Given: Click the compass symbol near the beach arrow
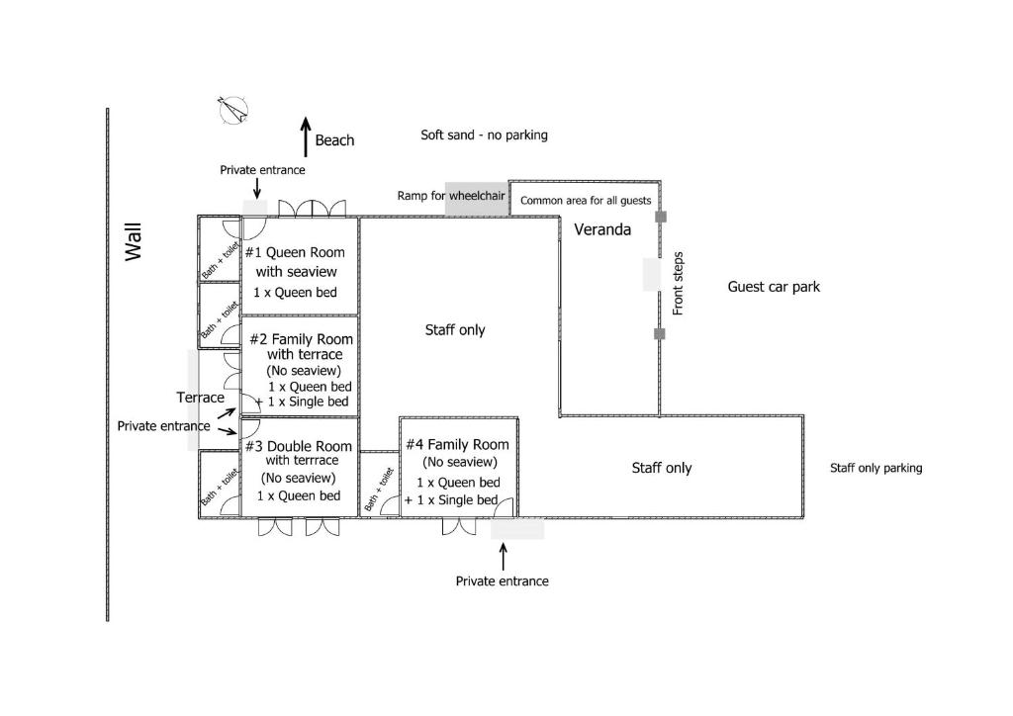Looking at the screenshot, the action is tap(233, 111).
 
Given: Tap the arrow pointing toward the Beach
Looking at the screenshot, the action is tap(307, 136).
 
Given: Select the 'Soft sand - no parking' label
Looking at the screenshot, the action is tap(484, 134).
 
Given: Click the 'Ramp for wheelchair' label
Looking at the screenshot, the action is tap(451, 196).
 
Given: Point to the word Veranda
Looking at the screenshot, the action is tap(602, 229).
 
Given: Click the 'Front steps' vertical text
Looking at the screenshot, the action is tap(678, 284).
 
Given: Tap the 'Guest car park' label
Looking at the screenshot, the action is tap(774, 287).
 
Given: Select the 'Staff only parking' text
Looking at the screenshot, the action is tap(876, 468).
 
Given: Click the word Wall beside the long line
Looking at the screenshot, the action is tap(134, 242).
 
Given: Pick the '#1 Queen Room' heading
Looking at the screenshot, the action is tap(295, 252).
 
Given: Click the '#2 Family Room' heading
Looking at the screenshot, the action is tap(301, 339).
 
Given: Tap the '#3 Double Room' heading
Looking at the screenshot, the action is tap(299, 446).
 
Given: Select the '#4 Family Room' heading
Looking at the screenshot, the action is tap(457, 445).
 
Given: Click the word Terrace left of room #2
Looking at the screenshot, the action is tap(200, 398).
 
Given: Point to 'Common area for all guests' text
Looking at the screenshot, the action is tap(586, 201).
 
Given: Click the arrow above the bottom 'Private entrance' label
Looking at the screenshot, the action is tap(504, 557).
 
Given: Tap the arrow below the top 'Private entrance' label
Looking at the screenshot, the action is tap(257, 189).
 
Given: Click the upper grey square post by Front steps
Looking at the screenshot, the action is tap(661, 217).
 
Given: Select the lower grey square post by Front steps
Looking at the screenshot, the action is tap(660, 334).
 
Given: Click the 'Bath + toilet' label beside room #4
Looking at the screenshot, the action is tap(379, 490).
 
